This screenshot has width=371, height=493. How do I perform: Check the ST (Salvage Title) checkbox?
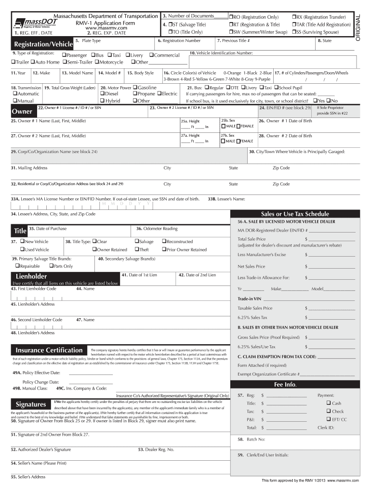(x=171, y=24)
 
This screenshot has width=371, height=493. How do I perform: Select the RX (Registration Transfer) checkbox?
(x=294, y=17)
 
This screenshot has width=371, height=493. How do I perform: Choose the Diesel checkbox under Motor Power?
(x=102, y=94)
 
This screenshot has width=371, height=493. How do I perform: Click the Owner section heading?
(x=22, y=111)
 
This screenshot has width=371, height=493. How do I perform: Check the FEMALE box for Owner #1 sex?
(x=237, y=126)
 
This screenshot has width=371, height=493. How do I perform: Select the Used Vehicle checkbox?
(x=22, y=249)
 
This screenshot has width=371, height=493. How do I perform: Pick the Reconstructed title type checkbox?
(x=164, y=241)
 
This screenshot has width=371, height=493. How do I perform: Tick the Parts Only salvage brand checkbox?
(x=51, y=266)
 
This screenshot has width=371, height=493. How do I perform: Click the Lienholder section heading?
(x=31, y=276)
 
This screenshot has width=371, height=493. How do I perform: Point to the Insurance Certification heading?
(x=49, y=350)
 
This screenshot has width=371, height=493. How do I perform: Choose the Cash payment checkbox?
(x=329, y=403)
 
